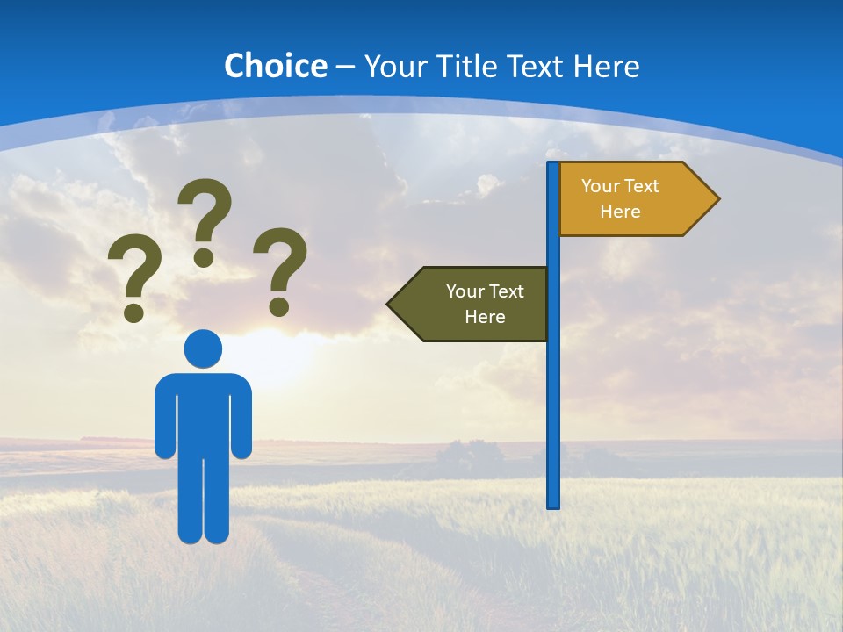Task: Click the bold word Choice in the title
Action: [x=275, y=66]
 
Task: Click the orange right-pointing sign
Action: [x=632, y=198]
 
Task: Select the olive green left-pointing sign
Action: [x=474, y=304]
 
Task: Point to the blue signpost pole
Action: [x=553, y=395]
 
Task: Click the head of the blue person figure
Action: [x=203, y=348]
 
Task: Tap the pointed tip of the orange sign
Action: [x=717, y=198]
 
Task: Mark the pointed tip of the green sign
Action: [x=390, y=304]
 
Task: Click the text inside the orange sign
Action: [x=620, y=198]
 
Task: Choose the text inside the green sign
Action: [x=485, y=304]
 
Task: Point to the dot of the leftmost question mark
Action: [x=134, y=312]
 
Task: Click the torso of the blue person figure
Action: [x=203, y=413]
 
